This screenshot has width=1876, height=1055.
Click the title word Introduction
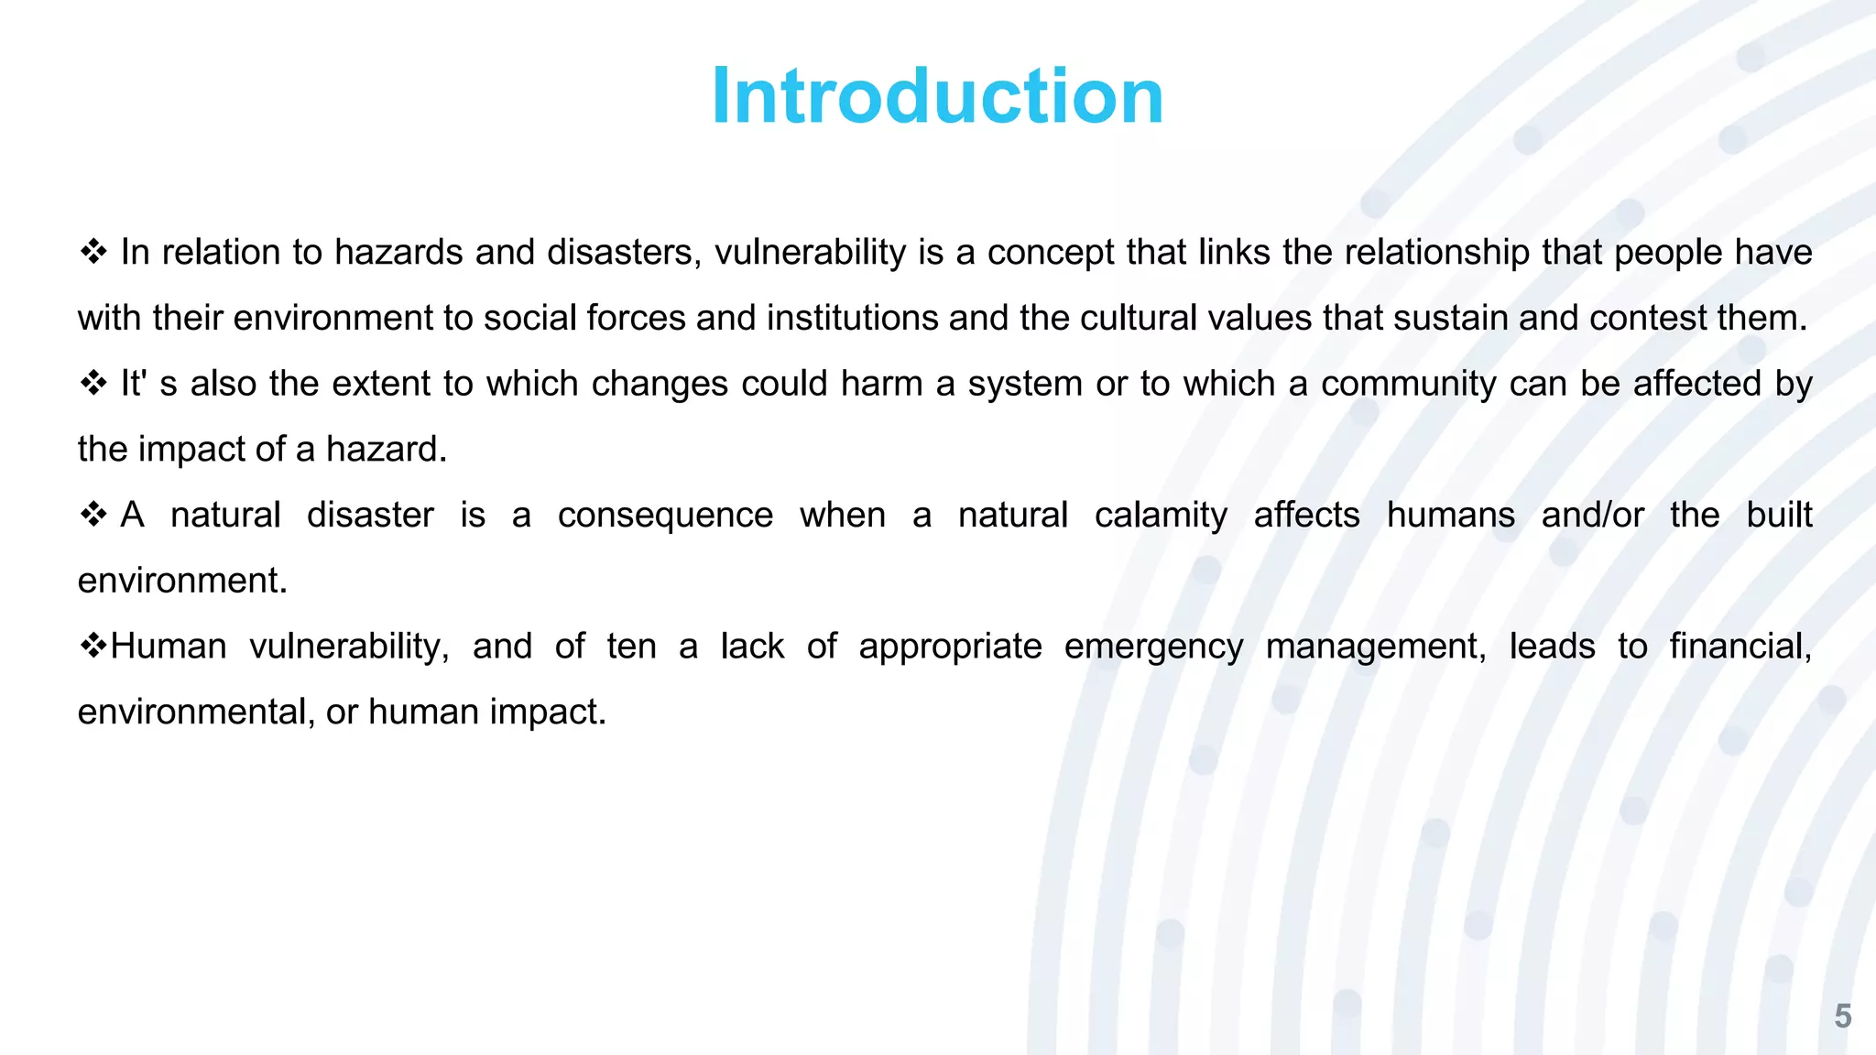937,96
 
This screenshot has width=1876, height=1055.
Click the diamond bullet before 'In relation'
93,252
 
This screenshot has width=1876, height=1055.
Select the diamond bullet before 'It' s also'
93,383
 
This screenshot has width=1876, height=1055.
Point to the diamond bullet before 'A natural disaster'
93,515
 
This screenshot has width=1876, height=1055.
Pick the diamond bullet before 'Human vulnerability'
93,646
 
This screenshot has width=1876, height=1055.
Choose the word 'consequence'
665,515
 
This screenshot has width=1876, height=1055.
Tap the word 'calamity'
1161,516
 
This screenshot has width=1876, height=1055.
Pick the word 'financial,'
1740,647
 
